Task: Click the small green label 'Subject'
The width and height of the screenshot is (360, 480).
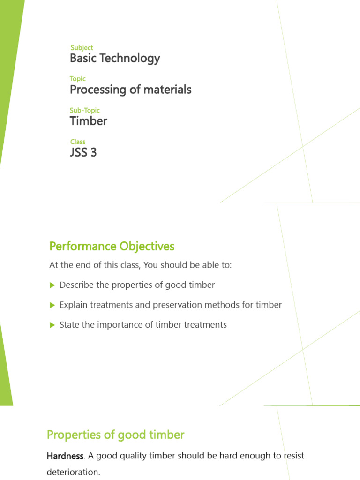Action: [82, 48]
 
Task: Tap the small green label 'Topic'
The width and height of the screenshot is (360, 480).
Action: [78, 79]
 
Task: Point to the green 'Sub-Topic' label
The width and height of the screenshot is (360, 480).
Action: [85, 110]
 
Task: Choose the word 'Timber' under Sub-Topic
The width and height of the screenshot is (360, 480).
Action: [89, 121]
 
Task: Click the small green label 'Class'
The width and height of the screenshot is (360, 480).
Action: [78, 142]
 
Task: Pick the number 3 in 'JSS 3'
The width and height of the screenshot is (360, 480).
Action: [93, 152]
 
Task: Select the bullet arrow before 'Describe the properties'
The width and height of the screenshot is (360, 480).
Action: [52, 285]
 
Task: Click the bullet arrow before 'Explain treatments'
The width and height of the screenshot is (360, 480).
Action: [52, 305]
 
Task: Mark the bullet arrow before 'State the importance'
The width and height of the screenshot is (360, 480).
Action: [52, 324]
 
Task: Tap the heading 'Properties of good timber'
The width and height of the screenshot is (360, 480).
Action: [115, 435]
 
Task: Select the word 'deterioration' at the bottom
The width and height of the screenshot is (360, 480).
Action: [73, 472]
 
